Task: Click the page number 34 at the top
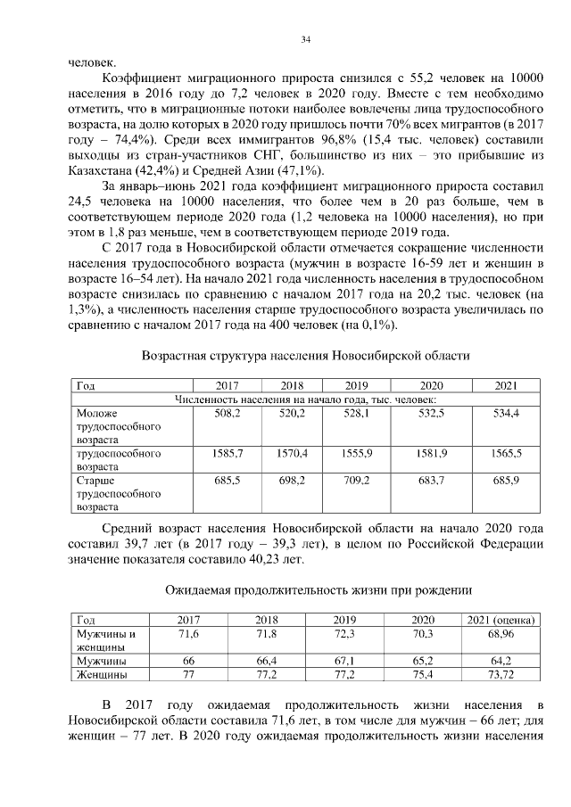pyautogui.click(x=305, y=40)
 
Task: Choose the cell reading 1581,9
pyautogui.click(x=431, y=453)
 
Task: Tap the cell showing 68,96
pyautogui.click(x=500, y=634)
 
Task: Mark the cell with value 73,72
pyautogui.click(x=500, y=675)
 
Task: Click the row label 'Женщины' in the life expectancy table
pyautogui.click(x=100, y=675)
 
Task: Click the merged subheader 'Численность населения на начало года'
pyautogui.click(x=305, y=400)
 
